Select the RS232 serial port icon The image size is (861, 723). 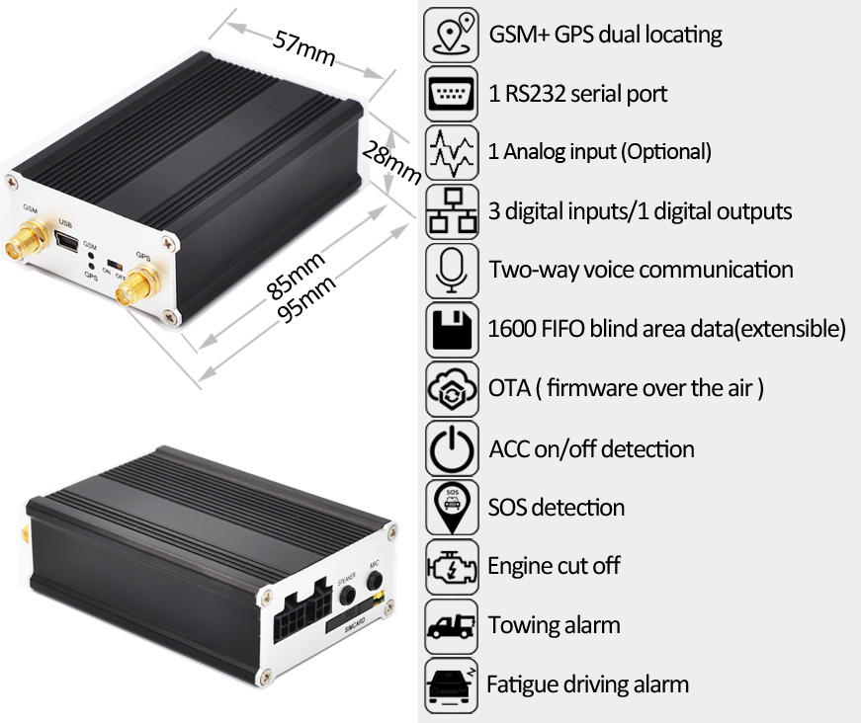pyautogui.click(x=452, y=94)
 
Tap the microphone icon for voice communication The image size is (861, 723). pyautogui.click(x=452, y=269)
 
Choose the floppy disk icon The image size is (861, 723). pyautogui.click(x=452, y=328)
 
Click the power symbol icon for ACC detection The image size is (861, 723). pyautogui.click(x=452, y=448)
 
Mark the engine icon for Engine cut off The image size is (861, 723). pyautogui.click(x=452, y=566)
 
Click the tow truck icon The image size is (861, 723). pyautogui.click(x=452, y=625)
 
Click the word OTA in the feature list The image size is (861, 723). pyautogui.click(x=510, y=387)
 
